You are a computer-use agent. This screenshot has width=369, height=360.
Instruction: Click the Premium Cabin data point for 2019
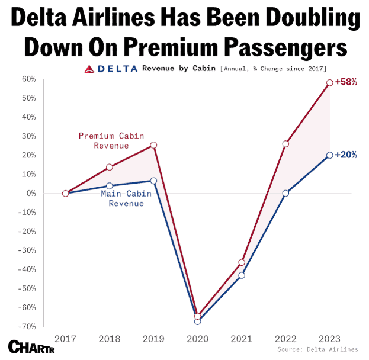153,145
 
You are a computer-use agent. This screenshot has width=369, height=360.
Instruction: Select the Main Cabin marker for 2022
285,193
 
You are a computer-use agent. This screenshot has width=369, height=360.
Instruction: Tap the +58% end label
346,82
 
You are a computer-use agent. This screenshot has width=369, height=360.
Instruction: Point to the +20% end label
346,155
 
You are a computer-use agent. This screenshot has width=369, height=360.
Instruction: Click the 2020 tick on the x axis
197,338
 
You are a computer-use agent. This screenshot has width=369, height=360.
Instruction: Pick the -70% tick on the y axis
28,326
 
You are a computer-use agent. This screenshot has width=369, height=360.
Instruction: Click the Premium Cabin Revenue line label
111,140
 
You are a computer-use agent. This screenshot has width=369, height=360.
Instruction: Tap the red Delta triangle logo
90,69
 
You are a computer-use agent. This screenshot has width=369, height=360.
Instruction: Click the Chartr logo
25,346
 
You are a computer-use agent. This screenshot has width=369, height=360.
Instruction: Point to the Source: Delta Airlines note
317,350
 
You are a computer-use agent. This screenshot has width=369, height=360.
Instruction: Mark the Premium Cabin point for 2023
329,83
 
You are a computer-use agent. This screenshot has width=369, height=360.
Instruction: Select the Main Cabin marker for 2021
242,275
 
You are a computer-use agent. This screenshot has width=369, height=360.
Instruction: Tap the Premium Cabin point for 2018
110,167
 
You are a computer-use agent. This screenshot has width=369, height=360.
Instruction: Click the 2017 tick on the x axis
65,338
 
